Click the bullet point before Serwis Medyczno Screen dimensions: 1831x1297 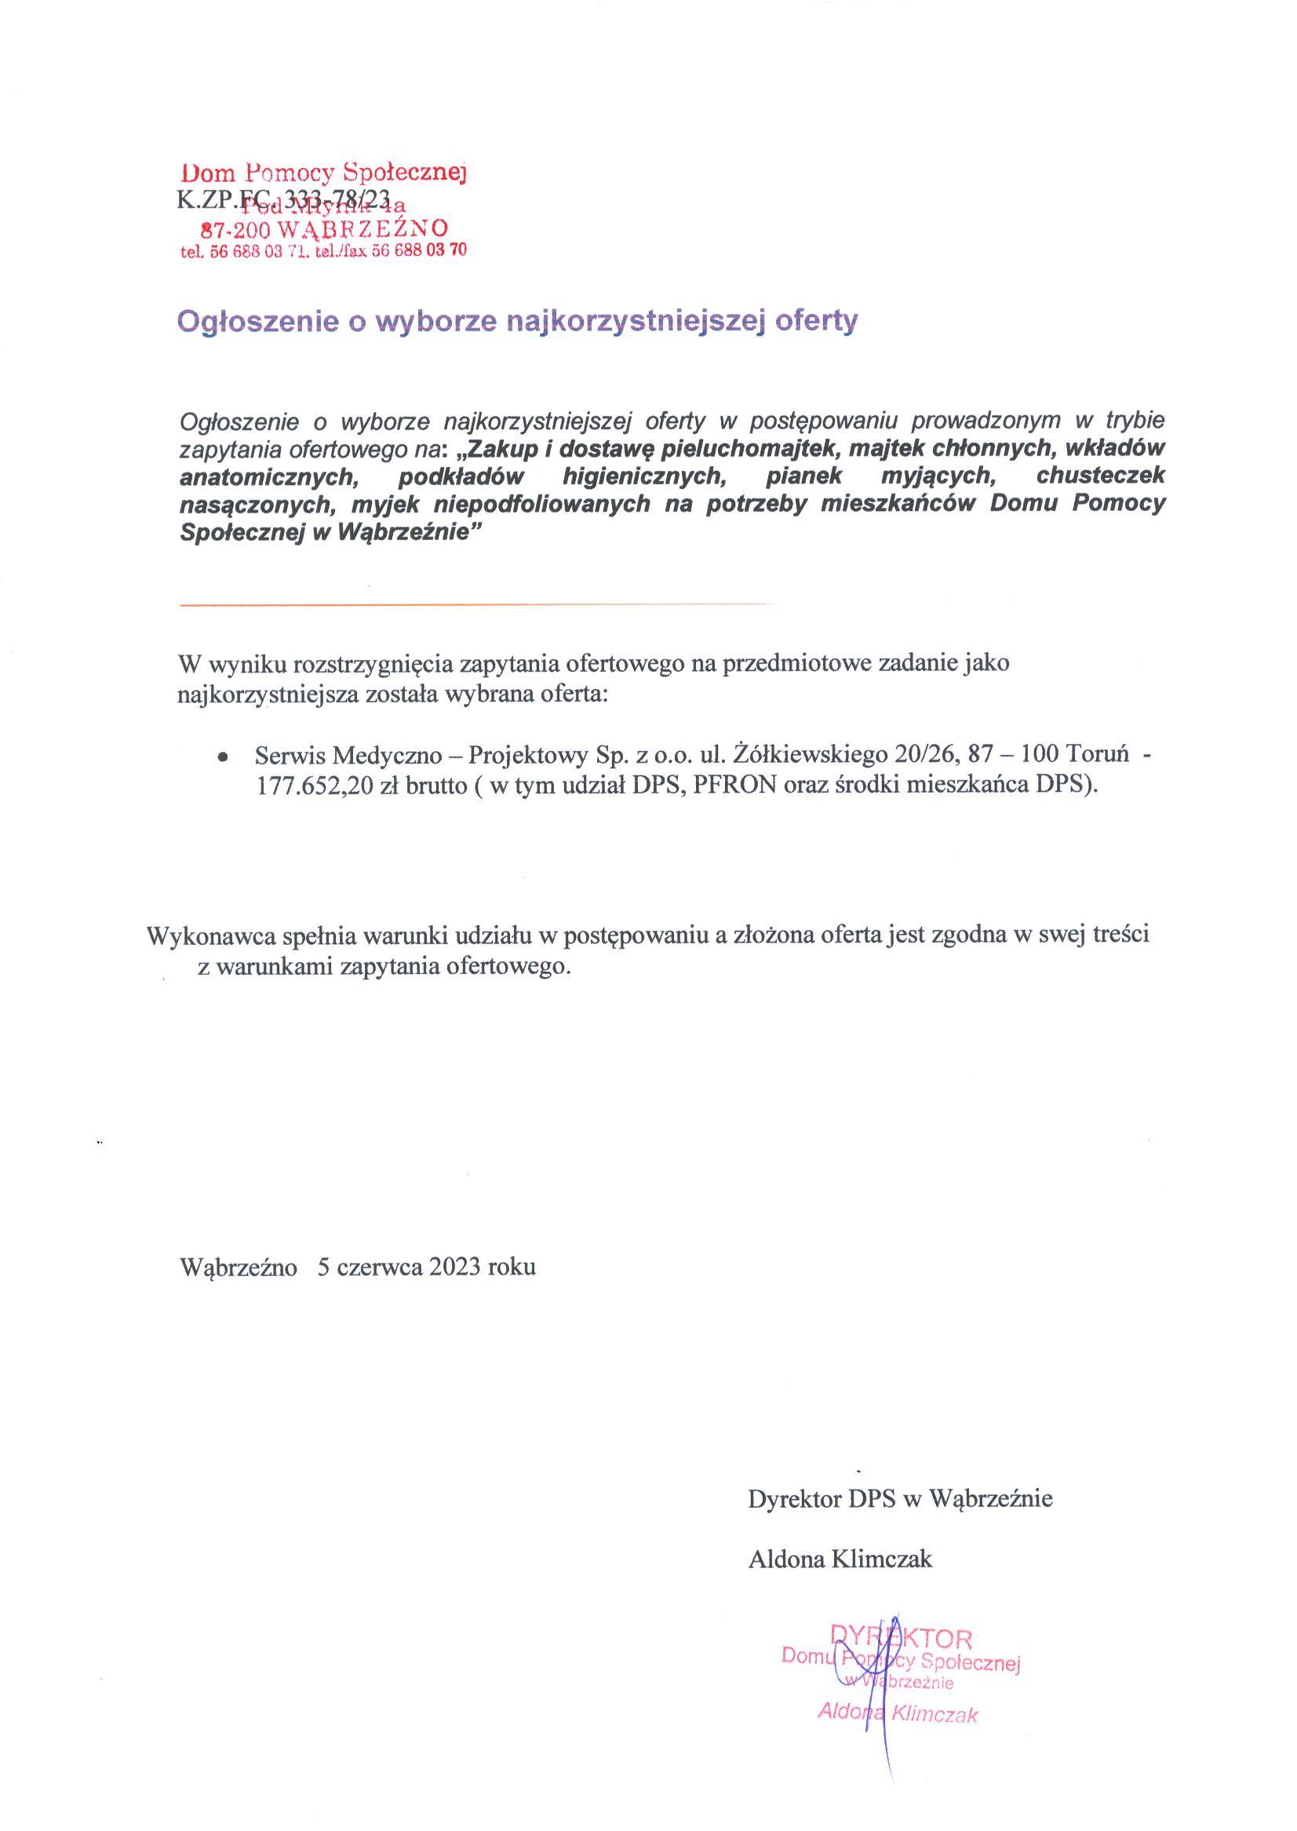224,756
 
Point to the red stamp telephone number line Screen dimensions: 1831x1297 323,251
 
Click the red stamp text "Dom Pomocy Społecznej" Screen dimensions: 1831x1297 323,172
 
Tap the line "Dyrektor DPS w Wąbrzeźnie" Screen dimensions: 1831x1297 900,1499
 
